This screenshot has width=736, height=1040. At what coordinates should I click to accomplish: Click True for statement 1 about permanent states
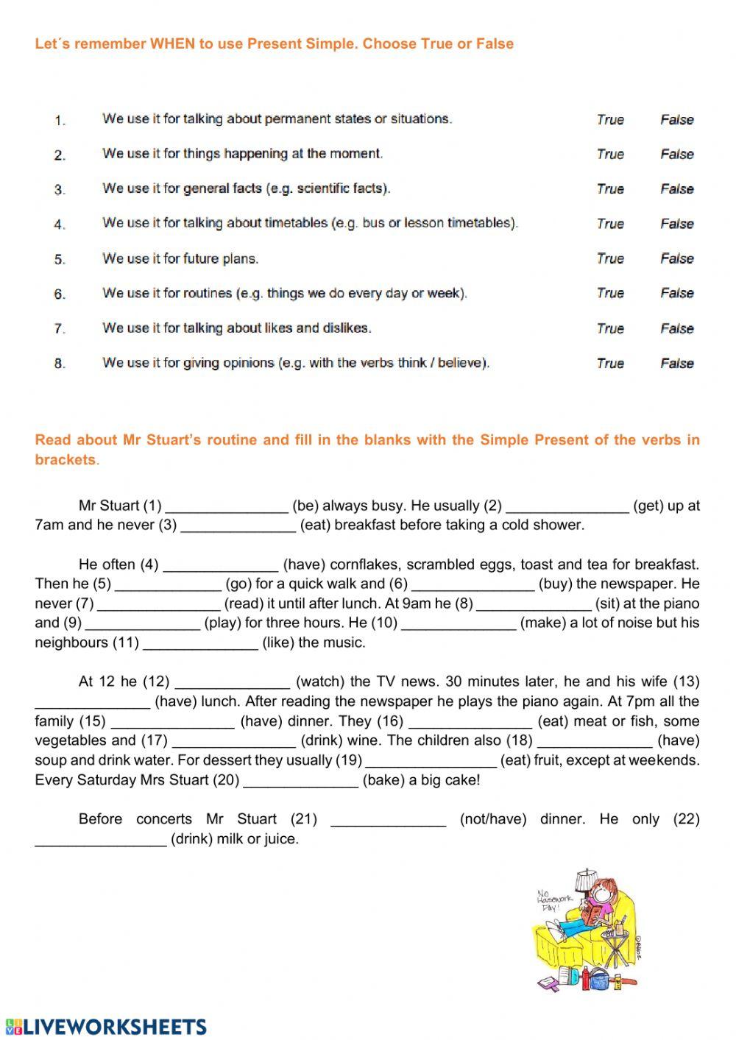pyautogui.click(x=610, y=119)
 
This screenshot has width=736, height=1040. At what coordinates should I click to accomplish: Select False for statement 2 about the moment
pyautogui.click(x=676, y=154)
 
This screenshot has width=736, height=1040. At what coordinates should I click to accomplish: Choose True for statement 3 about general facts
pyautogui.click(x=610, y=188)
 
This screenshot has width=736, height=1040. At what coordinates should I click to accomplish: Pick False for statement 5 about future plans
pyautogui.click(x=676, y=258)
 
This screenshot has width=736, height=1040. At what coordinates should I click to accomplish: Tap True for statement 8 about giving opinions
pyautogui.click(x=610, y=363)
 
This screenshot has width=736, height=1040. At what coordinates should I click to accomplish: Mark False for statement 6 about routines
pyautogui.click(x=676, y=293)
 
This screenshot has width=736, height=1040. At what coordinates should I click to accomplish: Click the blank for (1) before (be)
pyautogui.click(x=227, y=506)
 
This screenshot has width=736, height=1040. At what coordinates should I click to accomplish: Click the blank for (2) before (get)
pyautogui.click(x=567, y=506)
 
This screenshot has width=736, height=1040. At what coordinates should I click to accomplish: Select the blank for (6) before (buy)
pyautogui.click(x=473, y=584)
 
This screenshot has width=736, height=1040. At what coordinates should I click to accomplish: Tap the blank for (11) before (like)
pyautogui.click(x=200, y=643)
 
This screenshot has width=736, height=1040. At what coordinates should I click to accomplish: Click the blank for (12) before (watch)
pyautogui.click(x=233, y=682)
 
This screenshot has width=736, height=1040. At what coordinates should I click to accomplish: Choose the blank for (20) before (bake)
pyautogui.click(x=300, y=780)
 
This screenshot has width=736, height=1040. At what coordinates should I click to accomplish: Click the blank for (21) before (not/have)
pyautogui.click(x=389, y=819)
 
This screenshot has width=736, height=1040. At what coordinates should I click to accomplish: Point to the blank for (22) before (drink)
pyautogui.click(x=101, y=839)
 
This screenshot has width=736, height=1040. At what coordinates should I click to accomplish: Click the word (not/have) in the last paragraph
pyautogui.click(x=492, y=819)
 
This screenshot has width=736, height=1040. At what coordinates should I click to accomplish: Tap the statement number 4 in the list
pyautogui.click(x=60, y=224)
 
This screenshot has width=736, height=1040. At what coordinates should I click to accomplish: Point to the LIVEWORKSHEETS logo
pyautogui.click(x=107, y=1027)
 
